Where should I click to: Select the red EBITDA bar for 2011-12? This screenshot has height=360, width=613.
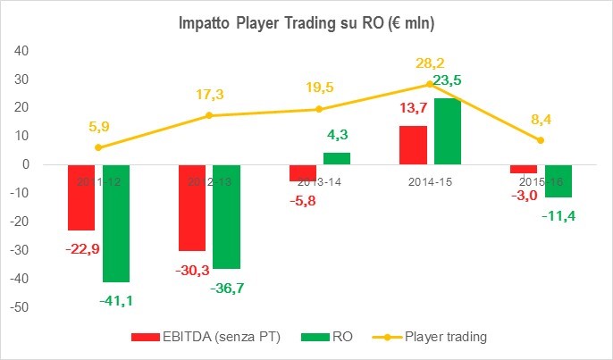(81, 197)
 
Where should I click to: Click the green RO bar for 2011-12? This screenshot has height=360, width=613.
(115, 223)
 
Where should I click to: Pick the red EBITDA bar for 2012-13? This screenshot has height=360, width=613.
(192, 207)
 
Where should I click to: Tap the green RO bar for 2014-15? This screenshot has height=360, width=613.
(448, 131)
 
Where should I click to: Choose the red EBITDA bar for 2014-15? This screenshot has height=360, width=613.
(414, 145)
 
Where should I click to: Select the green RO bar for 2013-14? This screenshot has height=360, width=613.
(337, 158)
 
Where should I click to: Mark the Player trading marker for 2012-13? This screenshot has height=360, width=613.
(209, 115)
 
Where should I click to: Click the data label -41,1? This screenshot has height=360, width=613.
(116, 301)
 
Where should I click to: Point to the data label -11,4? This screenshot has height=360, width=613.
(558, 215)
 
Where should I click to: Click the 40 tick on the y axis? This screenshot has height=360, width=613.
(23, 50)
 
